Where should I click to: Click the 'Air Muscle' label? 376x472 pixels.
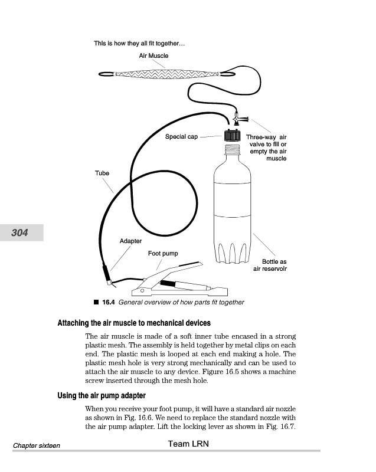coord(153,55)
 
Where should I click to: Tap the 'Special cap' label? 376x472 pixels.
coord(181,137)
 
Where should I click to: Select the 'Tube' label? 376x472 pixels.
coord(102,173)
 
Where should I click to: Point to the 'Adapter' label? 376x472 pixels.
coord(130,241)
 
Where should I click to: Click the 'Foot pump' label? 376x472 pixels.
coord(163,254)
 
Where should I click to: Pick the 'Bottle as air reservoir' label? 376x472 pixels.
coord(270,265)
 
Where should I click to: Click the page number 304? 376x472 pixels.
coord(19,232)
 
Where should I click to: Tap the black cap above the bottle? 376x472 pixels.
coord(233,136)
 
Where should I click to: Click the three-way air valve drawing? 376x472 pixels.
coord(240,118)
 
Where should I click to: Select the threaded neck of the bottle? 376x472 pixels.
coord(233,149)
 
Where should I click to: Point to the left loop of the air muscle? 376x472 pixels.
coord(106,74)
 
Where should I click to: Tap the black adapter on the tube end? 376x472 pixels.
coord(106,274)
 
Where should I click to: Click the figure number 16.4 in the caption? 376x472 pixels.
coord(109,302)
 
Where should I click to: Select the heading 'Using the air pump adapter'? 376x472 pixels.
coord(102,395)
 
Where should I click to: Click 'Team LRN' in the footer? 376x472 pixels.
coord(188,444)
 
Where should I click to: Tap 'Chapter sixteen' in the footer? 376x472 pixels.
coord(37,445)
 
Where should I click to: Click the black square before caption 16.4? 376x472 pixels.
coord(96,302)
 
